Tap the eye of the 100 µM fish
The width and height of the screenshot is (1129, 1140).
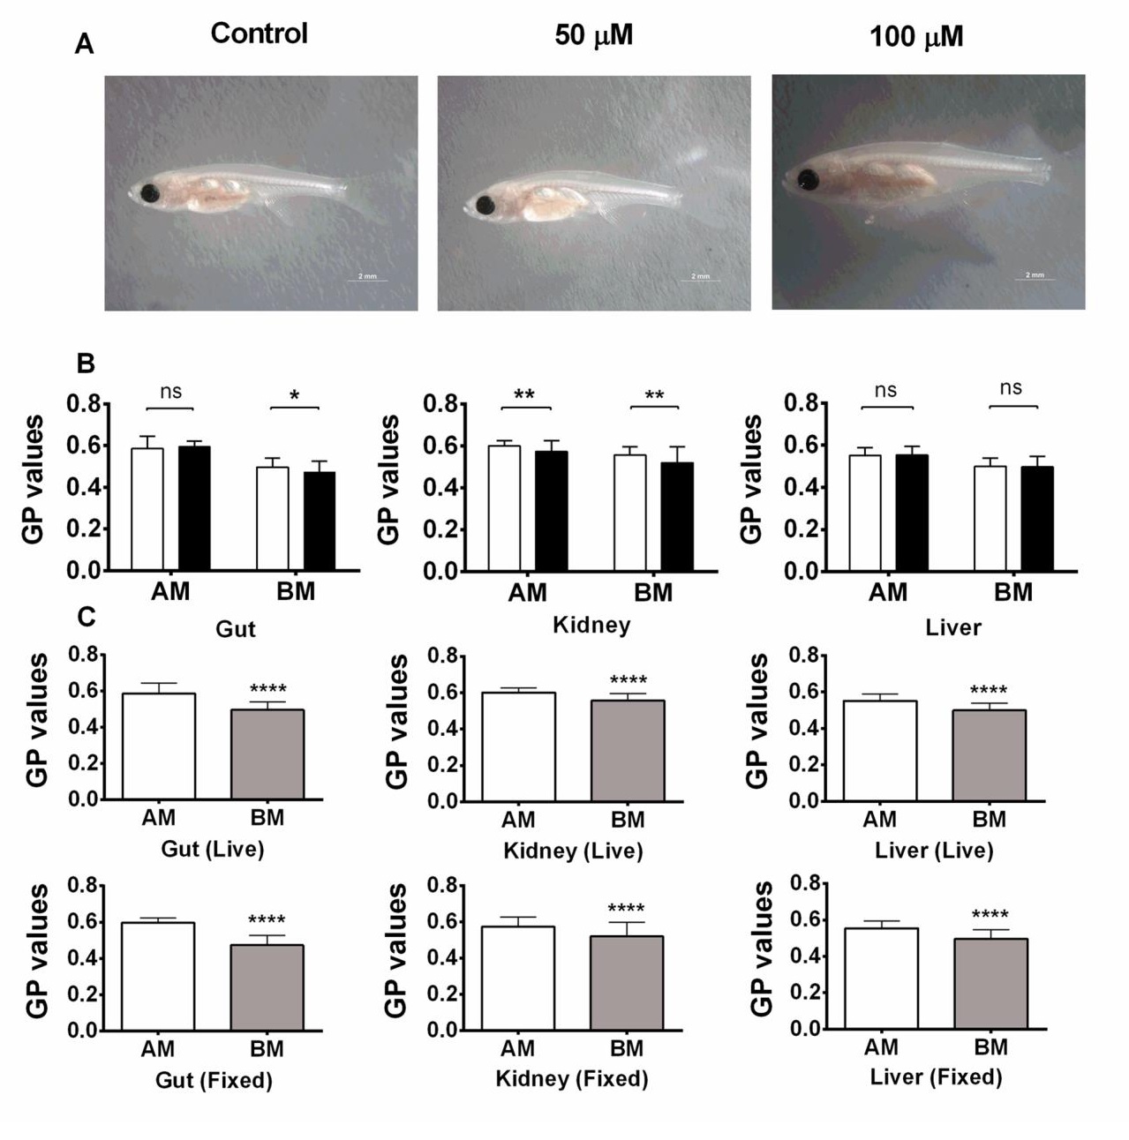pos(807,181)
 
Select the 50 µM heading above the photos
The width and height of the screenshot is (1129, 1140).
pos(593,35)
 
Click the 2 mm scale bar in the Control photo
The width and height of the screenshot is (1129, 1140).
pos(367,278)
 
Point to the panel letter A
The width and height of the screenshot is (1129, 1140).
pos(84,44)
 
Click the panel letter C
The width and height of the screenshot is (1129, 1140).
pos(86,616)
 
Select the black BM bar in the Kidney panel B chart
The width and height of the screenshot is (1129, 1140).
pos(677,516)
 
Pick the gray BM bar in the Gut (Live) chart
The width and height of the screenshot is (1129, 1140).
pos(267,754)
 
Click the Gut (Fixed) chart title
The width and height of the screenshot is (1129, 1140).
pos(214,1080)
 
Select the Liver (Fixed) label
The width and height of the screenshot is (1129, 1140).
pos(936,1077)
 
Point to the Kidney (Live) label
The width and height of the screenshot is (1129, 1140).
pos(573,851)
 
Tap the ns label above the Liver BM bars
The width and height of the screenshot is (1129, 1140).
pos(1011,388)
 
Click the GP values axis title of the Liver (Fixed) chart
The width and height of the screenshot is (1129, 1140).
pos(761,949)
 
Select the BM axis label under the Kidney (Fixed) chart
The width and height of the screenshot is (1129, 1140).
pos(627,1049)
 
